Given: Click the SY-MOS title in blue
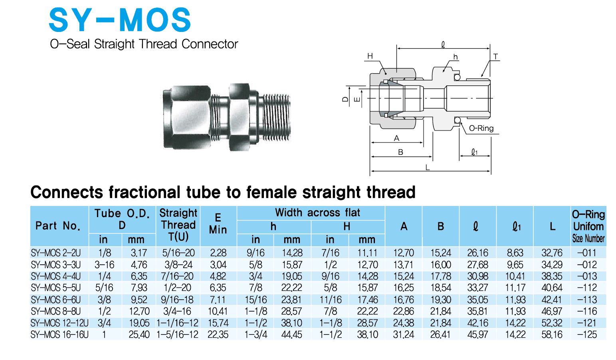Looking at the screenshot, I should point(120,20).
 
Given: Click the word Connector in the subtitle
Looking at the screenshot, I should point(210,44).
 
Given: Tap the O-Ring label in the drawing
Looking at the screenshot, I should point(481,129).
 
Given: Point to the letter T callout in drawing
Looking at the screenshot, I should point(495,57).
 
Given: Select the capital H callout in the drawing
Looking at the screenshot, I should point(370,56).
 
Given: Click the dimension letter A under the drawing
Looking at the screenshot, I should point(396,138).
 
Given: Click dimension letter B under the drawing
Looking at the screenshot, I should point(400,152).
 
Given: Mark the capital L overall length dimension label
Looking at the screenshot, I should point(428,167).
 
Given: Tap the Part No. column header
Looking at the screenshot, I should point(58,226).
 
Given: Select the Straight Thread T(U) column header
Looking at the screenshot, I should point(178,225).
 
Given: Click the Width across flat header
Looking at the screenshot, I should point(317,213).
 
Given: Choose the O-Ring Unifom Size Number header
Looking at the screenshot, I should point(588,226).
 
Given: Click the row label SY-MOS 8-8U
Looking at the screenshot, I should point(56,311).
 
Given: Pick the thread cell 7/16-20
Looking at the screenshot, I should point(178,276).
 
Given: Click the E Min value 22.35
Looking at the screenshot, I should point(218,334).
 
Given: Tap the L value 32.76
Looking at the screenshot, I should point(552,253).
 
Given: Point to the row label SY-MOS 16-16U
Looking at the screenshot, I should point(59,334).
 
